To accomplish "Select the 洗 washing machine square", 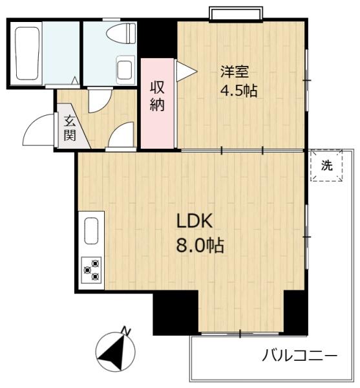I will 327,166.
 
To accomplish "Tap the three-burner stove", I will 91,270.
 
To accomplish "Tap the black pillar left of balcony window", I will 175,312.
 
